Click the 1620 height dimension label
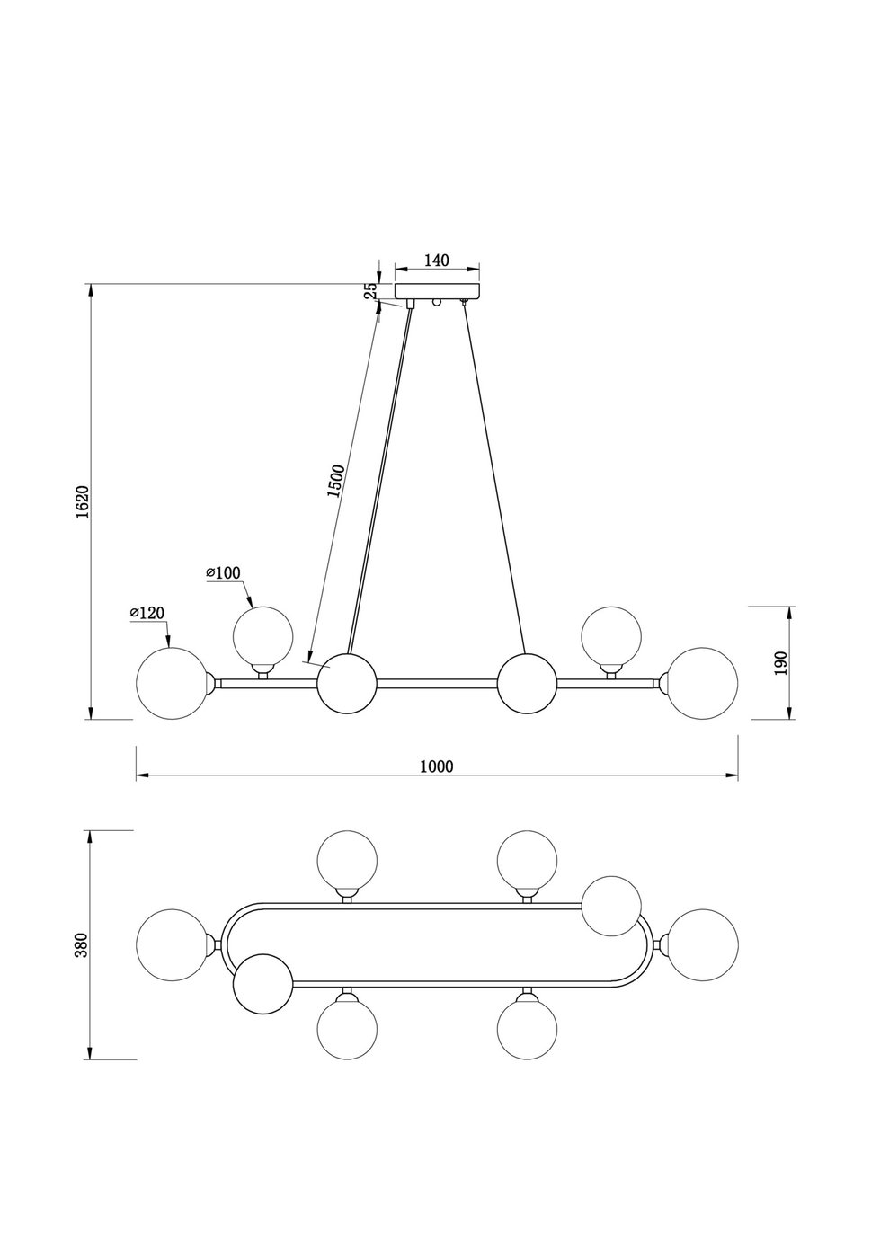point(82,501)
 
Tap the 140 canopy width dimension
point(436,261)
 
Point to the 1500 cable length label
point(335,482)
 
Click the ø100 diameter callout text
point(224,572)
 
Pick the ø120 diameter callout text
point(148,613)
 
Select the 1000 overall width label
point(437,766)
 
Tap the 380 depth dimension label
point(82,944)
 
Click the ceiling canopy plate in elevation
point(438,291)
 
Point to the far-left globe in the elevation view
point(167,683)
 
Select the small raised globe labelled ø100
point(262,635)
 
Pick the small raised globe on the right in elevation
point(611,635)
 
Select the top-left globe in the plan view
point(348,860)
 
